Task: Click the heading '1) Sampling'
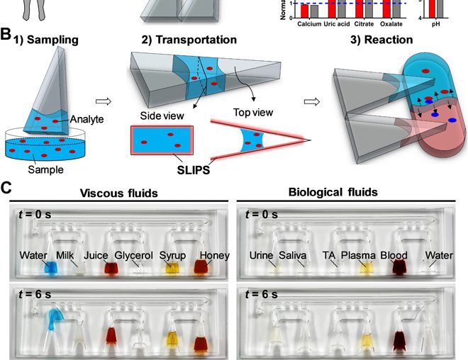[45, 40]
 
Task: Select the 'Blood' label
[394, 255]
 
